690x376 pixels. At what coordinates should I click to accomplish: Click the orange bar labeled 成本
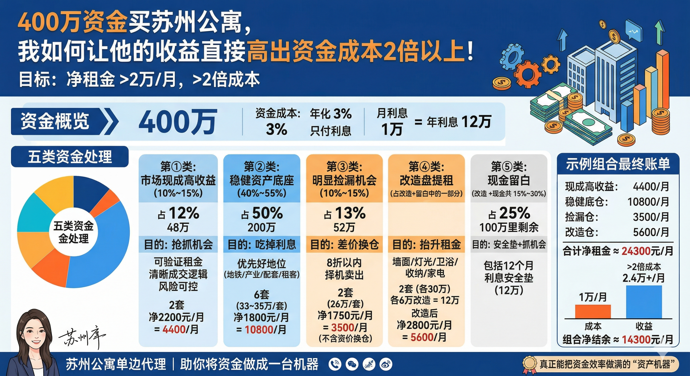tap(593, 312)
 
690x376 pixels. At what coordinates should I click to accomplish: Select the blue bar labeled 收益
tap(644, 302)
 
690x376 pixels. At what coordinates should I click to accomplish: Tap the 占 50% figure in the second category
tap(262, 213)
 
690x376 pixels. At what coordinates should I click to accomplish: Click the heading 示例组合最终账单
tap(618, 164)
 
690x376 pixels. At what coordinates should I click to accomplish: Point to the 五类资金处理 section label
tap(70, 157)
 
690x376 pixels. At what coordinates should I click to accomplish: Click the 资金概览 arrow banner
tap(64, 121)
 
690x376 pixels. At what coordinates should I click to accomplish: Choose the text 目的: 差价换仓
tap(345, 244)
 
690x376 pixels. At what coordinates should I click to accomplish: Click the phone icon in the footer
tap(335, 364)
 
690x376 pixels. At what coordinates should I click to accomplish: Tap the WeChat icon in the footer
tap(352, 364)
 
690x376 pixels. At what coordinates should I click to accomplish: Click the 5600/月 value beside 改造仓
tap(651, 232)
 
